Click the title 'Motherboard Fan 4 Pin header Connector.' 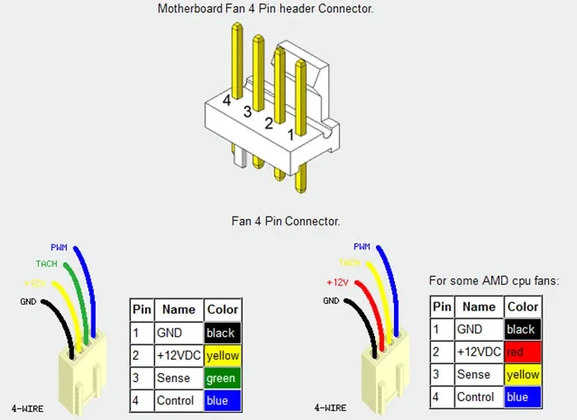(x=265, y=9)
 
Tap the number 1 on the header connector (x=290, y=132)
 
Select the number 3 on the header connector (x=247, y=111)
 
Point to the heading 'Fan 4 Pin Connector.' (x=286, y=222)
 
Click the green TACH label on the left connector (x=46, y=264)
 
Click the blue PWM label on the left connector (x=59, y=247)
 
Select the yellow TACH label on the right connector (x=349, y=264)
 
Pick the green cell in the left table (x=223, y=378)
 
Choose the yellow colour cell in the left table (x=223, y=356)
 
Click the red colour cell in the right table (x=523, y=352)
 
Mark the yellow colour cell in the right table (x=523, y=375)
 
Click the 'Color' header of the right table (x=523, y=306)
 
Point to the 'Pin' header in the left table (x=142, y=310)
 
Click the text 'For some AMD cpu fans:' (x=494, y=281)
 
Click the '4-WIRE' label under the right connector (x=331, y=408)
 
